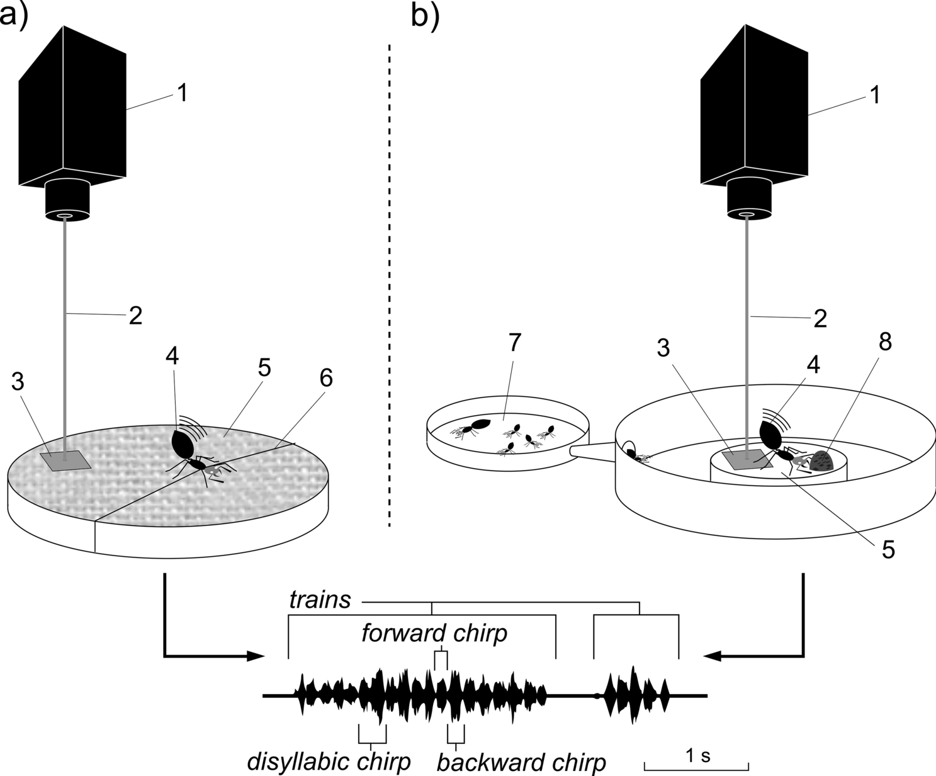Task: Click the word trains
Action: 320,600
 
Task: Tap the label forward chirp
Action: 434,633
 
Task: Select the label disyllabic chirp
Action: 328,761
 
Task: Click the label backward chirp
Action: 521,762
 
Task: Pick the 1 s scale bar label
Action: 697,755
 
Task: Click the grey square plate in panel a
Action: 65,460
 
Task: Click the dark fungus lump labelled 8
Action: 824,462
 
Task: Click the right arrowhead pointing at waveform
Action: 713,656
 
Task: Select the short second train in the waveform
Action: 634,695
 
